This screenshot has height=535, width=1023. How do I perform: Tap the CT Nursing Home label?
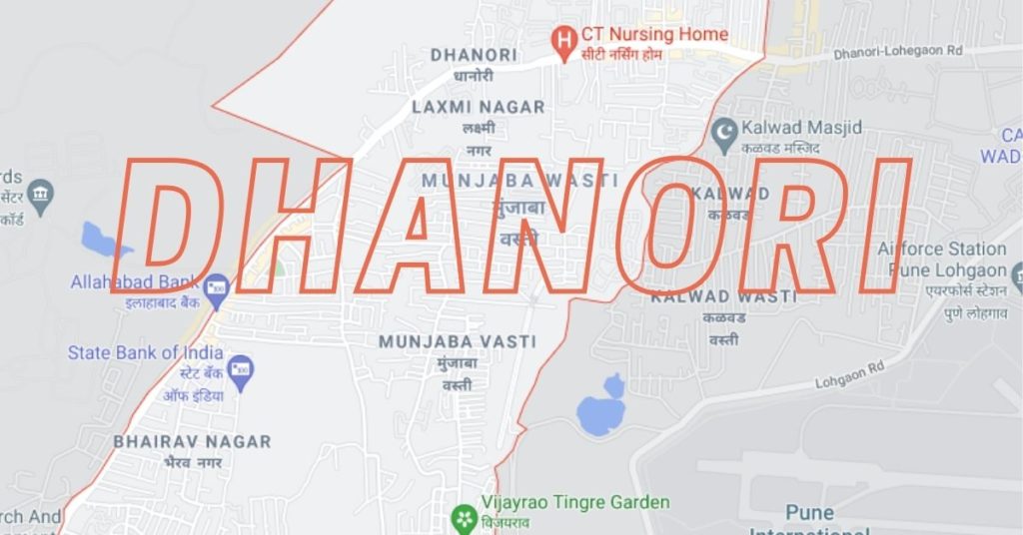(654, 35)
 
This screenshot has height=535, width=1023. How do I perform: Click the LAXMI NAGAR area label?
(479, 107)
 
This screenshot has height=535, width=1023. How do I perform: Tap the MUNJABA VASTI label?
(458, 341)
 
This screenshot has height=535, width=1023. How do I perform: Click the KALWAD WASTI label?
(724, 296)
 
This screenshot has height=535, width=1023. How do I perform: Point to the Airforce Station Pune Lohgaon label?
(942, 260)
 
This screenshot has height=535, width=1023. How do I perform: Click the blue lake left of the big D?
(103, 241)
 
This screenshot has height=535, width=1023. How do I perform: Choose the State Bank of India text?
(145, 352)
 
